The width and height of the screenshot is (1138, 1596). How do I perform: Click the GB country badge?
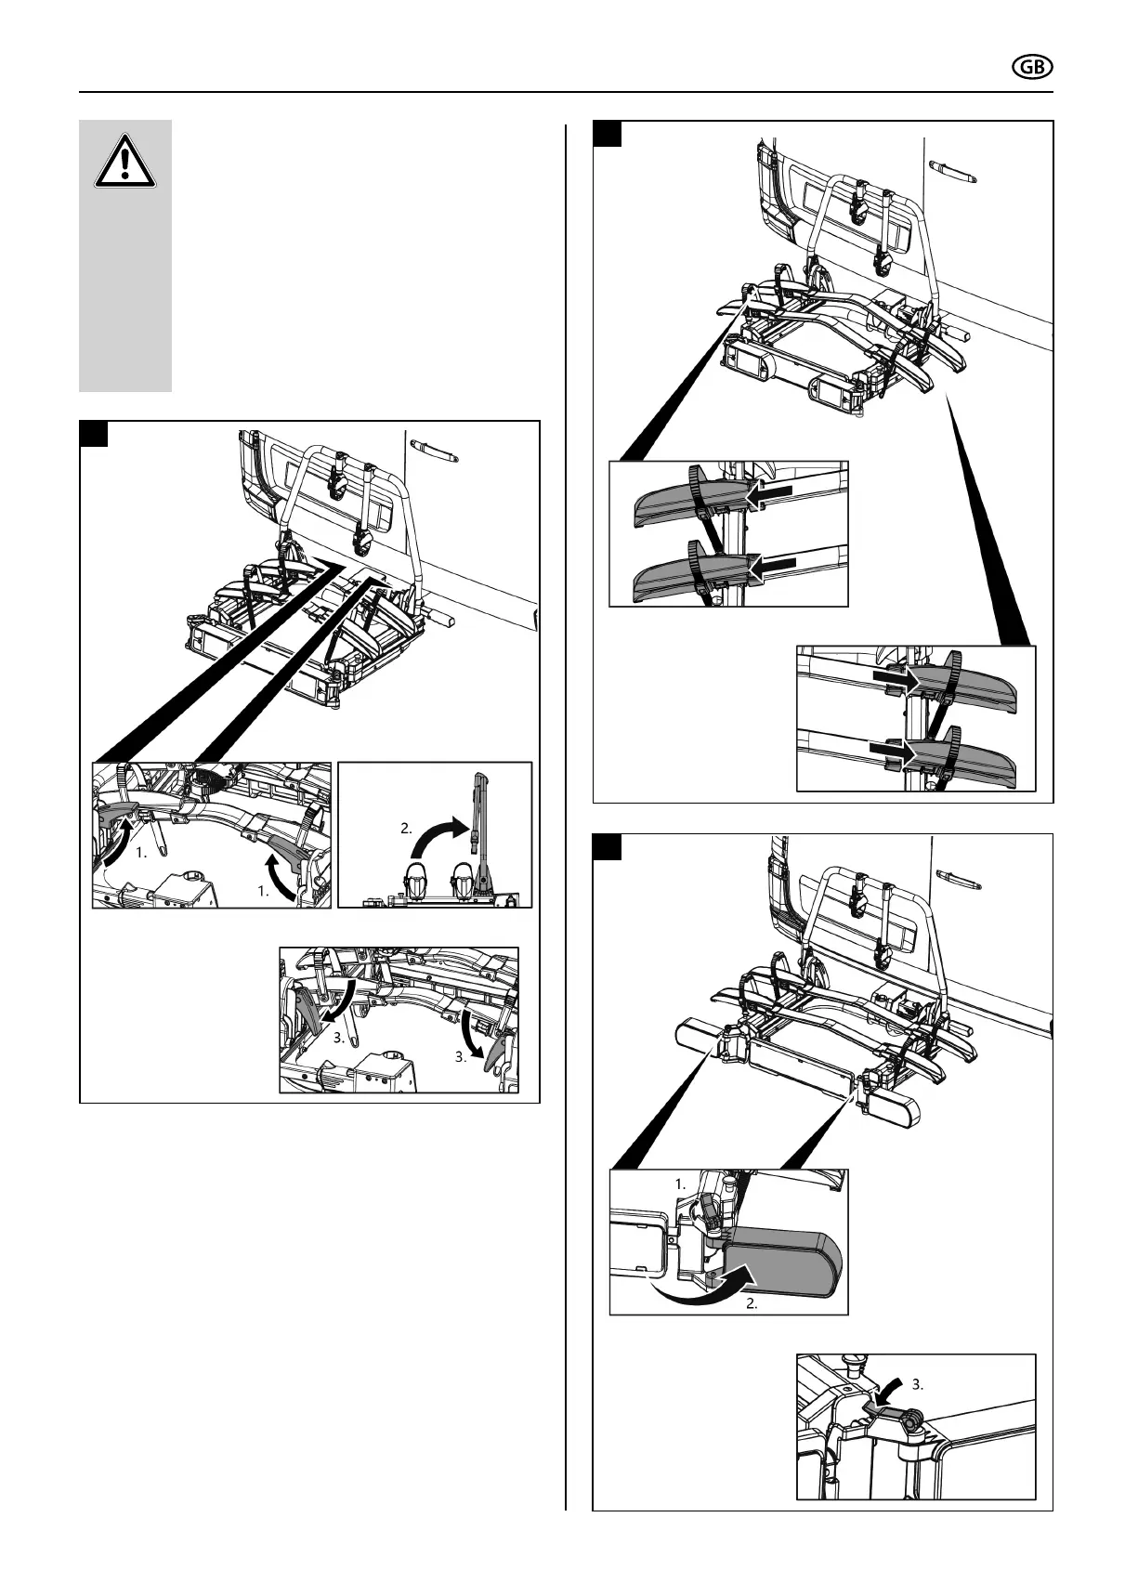(1030, 67)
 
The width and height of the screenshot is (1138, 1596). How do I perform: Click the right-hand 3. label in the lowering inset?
(463, 1057)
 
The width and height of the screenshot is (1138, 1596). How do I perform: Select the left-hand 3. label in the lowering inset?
(341, 1039)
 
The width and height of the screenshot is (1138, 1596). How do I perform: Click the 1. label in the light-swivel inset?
(680, 1184)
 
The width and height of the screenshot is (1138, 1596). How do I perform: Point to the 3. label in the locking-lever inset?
(918, 1384)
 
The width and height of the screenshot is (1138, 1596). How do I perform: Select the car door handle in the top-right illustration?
(955, 172)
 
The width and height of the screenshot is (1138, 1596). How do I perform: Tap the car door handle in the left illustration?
(437, 451)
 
